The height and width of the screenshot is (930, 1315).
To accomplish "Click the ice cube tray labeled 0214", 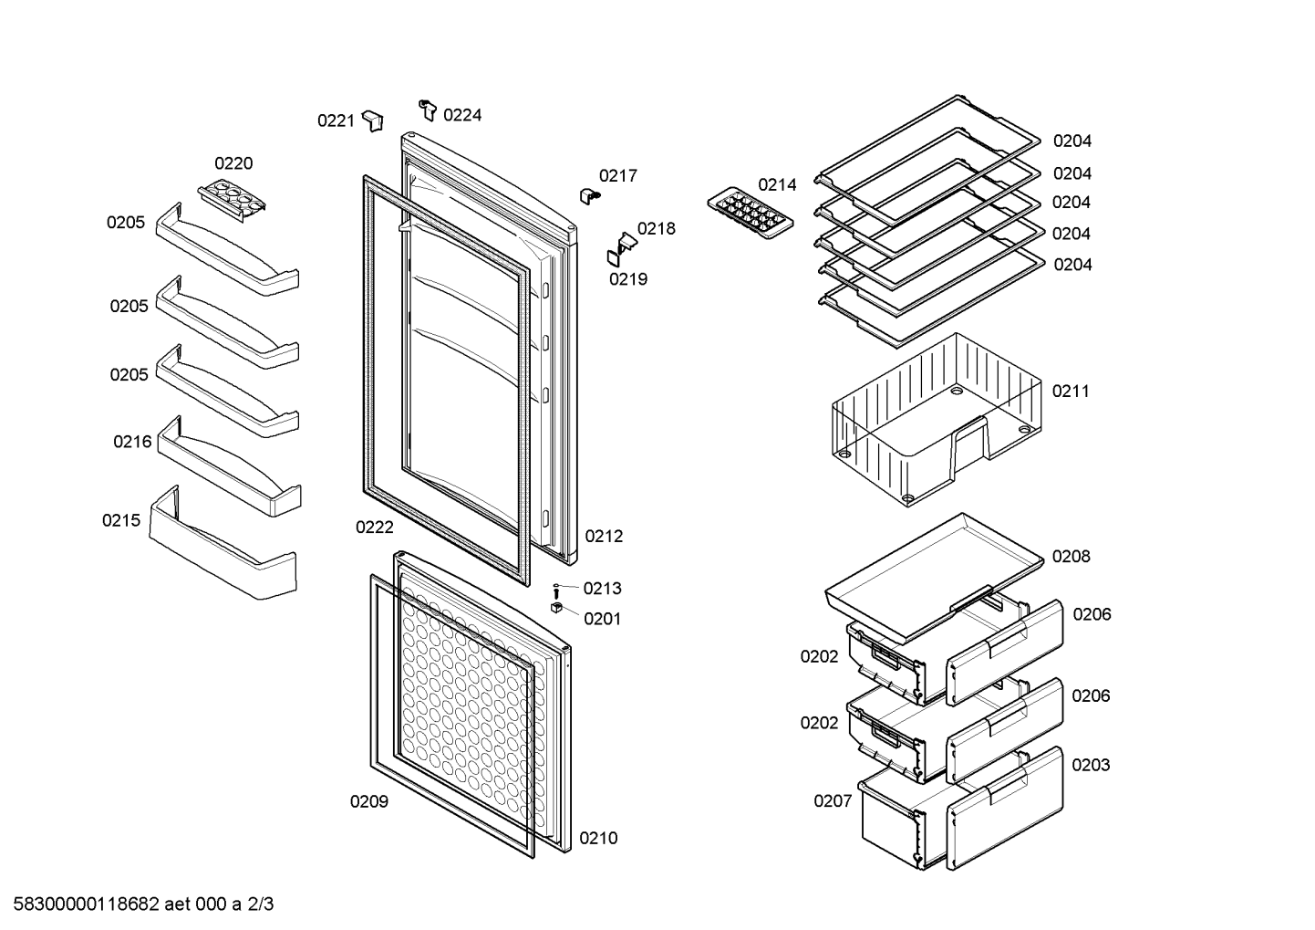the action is click(x=751, y=214).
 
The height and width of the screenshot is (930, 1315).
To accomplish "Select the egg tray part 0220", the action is click(x=232, y=200).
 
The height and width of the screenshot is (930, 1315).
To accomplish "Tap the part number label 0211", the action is click(x=1071, y=392).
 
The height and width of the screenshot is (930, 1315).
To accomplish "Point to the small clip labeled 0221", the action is click(x=373, y=120).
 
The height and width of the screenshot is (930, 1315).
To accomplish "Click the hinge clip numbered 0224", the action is click(x=428, y=110).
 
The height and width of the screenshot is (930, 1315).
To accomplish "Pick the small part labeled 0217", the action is click(x=589, y=195).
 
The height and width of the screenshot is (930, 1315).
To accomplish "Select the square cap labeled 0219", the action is click(x=614, y=258).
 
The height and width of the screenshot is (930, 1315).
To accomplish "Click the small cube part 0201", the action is click(x=557, y=608).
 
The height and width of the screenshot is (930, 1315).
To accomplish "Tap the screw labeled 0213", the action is click(x=556, y=591).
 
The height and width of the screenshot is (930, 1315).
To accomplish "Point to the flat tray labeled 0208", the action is click(x=935, y=576).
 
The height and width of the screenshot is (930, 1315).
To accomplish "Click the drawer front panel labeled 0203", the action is click(x=1005, y=807).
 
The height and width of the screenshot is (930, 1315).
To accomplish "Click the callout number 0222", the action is click(x=375, y=528).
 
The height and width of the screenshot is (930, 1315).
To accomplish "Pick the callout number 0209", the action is click(x=369, y=802).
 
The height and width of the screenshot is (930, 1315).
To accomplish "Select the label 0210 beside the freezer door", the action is click(x=598, y=839).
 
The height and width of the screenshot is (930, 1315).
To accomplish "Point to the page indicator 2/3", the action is click(x=261, y=904).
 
